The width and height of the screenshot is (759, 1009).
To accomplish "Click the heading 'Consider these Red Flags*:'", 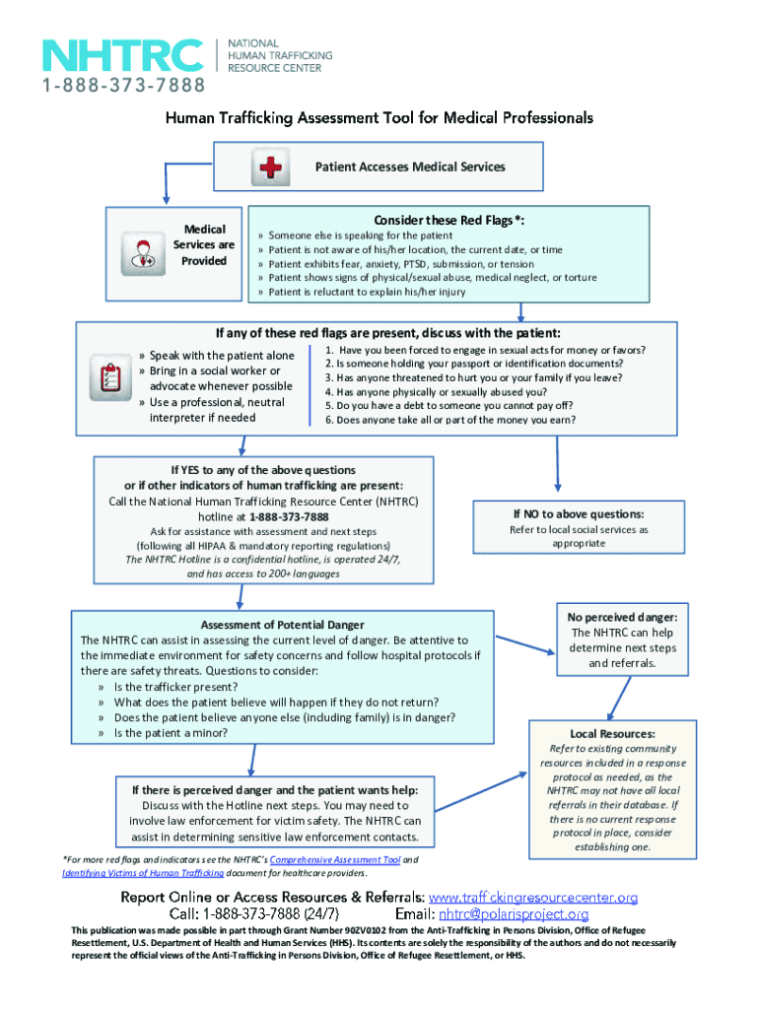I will (x=448, y=219).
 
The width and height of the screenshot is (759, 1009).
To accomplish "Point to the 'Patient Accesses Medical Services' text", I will (x=410, y=168).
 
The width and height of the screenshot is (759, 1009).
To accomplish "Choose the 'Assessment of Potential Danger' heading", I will (x=283, y=625).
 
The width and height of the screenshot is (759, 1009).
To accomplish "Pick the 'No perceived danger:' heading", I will (x=623, y=618).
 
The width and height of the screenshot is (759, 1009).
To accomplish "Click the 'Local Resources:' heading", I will (x=613, y=734).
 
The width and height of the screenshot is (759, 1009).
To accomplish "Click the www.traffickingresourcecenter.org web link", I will (x=533, y=897).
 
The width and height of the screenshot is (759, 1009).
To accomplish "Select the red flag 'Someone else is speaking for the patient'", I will (x=361, y=236).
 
